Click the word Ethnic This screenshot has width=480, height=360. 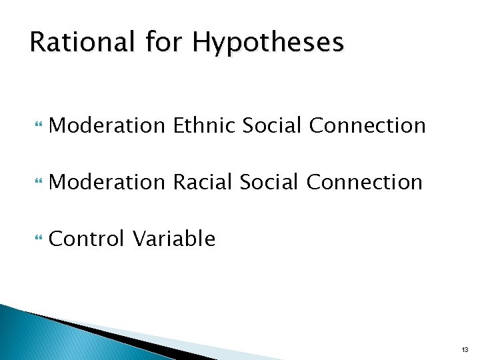pyautogui.click(x=204, y=125)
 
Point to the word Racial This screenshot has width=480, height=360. pyautogui.click(x=203, y=181)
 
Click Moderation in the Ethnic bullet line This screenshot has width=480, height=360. pyautogui.click(x=107, y=125)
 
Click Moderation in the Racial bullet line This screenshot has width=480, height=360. pyautogui.click(x=107, y=181)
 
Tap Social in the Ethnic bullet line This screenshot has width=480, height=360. pyautogui.click(x=273, y=125)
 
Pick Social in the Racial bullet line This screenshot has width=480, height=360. pyautogui.click(x=270, y=181)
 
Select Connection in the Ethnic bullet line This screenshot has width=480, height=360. pyautogui.click(x=368, y=125)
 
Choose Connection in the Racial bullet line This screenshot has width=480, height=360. pyautogui.click(x=365, y=181)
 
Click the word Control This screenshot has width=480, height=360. pyautogui.click(x=87, y=238)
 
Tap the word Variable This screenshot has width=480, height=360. pyautogui.click(x=173, y=238)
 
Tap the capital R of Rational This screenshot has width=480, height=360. pyautogui.click(x=37, y=42)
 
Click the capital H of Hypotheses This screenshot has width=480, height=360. pyautogui.click(x=201, y=42)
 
